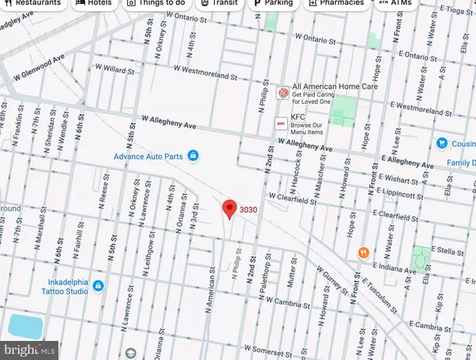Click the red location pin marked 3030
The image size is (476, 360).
click(x=230, y=209)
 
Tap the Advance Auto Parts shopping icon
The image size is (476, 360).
click(x=192, y=156)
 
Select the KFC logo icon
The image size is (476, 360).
click(x=280, y=124)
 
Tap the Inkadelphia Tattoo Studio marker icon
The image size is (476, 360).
click(x=97, y=285)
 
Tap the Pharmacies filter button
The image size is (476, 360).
click(x=336, y=4)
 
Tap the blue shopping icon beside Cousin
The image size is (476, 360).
click(x=442, y=144)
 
